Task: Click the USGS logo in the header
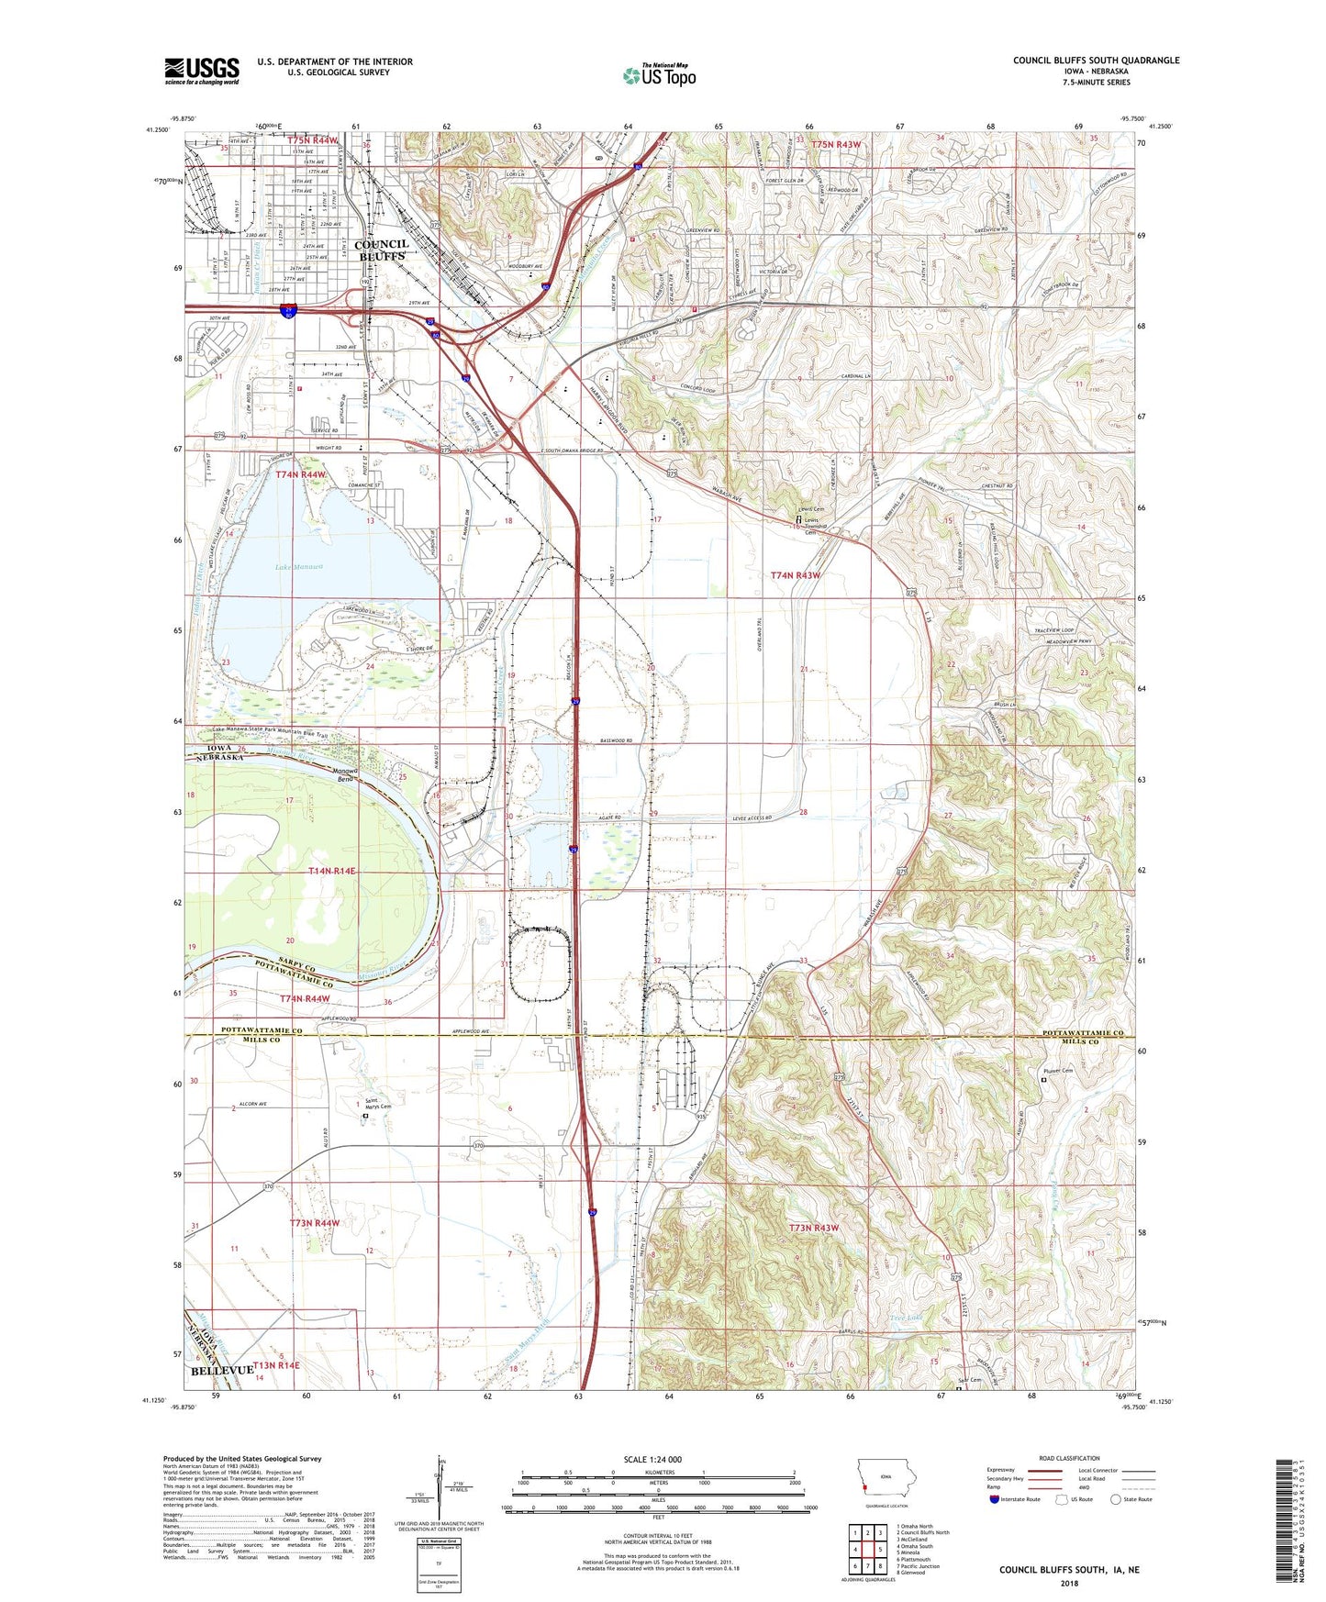[x=201, y=71]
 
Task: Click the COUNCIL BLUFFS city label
[x=381, y=250]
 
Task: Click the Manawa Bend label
[x=345, y=775]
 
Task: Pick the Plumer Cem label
[x=1058, y=1071]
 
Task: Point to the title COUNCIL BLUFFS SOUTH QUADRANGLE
[x=1096, y=61]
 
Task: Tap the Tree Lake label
[x=906, y=1318]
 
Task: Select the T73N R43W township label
[x=814, y=1228]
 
